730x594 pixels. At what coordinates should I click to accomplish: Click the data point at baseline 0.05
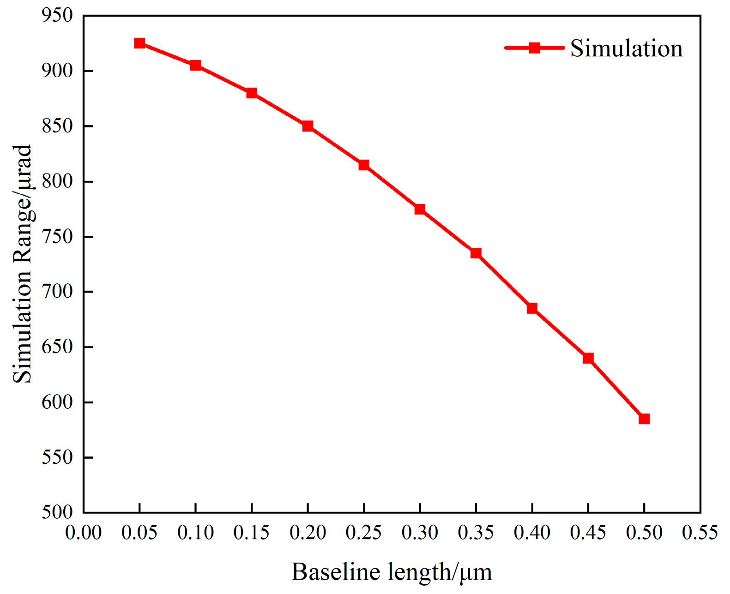tap(139, 43)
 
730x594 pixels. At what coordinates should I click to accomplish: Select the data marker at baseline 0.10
tap(195, 66)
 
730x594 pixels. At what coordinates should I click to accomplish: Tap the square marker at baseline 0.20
tap(308, 126)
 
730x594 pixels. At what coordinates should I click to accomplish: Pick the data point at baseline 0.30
tap(420, 210)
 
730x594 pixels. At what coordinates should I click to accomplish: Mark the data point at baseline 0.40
tap(532, 308)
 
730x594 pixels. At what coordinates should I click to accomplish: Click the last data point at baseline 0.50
tap(644, 419)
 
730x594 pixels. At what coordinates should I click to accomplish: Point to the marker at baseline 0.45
tap(588, 358)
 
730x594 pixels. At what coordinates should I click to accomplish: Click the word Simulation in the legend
tap(626, 48)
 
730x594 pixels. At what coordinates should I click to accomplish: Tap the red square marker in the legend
tap(534, 48)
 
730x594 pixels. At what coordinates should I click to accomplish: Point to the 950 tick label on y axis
tap(57, 16)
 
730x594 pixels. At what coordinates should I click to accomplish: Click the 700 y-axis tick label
tap(57, 292)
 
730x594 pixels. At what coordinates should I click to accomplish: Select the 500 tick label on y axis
tap(57, 512)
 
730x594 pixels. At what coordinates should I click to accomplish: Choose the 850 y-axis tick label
tap(57, 126)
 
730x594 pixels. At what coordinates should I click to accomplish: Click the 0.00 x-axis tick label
tap(84, 533)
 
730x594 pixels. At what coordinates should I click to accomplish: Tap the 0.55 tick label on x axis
tap(700, 533)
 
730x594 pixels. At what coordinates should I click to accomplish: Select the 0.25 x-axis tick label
tap(364, 533)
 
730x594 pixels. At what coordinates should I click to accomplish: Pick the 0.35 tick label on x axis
tap(476, 533)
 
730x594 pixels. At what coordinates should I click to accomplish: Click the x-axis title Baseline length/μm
tap(392, 572)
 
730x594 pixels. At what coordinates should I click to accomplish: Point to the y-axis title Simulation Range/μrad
tap(22, 264)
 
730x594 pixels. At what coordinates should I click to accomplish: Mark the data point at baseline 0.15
tap(252, 93)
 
